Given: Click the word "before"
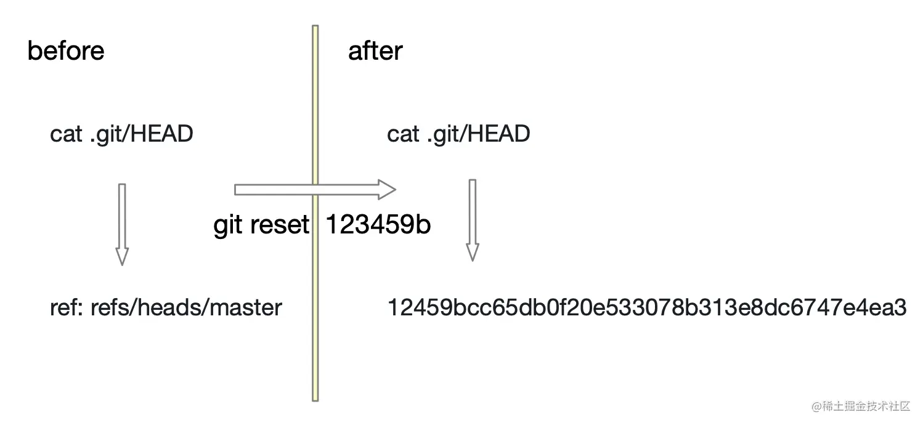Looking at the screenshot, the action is pyautogui.click(x=66, y=51).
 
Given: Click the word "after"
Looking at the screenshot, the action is pyautogui.click(x=375, y=51).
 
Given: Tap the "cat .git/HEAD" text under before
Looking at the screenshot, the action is pyautogui.click(x=121, y=134).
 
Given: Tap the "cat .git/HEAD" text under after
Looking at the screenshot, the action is pyautogui.click(x=458, y=134).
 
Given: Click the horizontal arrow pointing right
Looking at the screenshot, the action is pyautogui.click(x=314, y=190).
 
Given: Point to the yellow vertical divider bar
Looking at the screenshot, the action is pyautogui.click(x=315, y=308).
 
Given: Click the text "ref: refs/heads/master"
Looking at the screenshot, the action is pyautogui.click(x=166, y=307).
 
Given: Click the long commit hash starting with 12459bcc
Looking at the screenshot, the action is pyautogui.click(x=646, y=307).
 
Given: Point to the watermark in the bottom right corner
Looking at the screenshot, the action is pyautogui.click(x=861, y=406).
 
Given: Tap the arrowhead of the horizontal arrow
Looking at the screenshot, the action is pyautogui.click(x=387, y=190).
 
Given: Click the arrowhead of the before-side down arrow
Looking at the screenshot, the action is pyautogui.click(x=122, y=256).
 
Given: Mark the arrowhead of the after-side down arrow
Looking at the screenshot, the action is pyautogui.click(x=473, y=252).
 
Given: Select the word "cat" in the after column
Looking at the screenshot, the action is pyautogui.click(x=403, y=134).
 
